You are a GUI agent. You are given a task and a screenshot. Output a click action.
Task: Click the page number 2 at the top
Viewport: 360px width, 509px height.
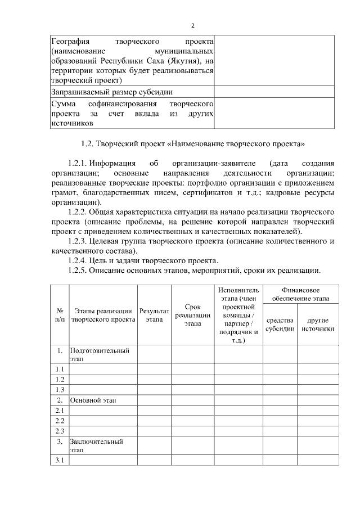pos(192,25)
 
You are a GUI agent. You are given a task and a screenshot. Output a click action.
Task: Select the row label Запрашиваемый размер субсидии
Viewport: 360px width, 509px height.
pos(112,92)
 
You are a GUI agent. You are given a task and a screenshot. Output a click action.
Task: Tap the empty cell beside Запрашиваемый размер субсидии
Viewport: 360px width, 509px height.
pos(274,92)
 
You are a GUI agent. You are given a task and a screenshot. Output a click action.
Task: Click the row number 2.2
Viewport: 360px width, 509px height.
pos(60,421)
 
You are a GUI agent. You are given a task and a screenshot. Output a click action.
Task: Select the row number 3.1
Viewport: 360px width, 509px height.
pos(60,461)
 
